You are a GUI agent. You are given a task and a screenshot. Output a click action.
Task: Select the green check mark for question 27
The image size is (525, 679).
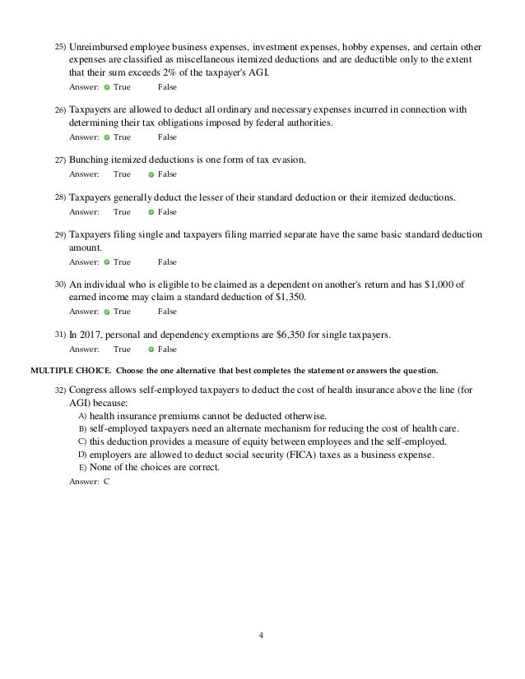[151, 174]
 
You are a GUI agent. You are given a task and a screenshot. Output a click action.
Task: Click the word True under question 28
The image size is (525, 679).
[122, 212]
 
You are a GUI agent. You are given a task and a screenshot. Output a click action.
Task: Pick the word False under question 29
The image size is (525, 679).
[167, 262]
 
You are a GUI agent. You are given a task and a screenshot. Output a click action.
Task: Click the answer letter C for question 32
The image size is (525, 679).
[106, 482]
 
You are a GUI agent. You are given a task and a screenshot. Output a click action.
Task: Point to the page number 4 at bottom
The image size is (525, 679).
[262, 634]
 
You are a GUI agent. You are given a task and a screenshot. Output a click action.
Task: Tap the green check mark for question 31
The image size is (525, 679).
[151, 349]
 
